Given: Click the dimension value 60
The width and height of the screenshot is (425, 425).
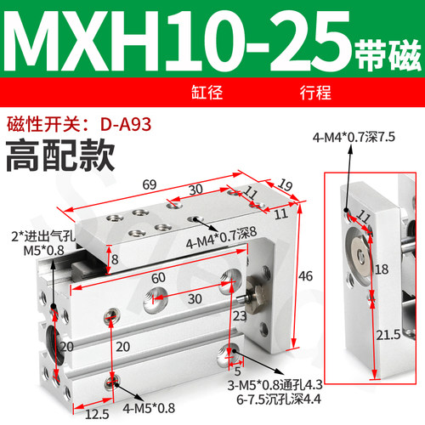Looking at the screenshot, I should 158,277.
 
